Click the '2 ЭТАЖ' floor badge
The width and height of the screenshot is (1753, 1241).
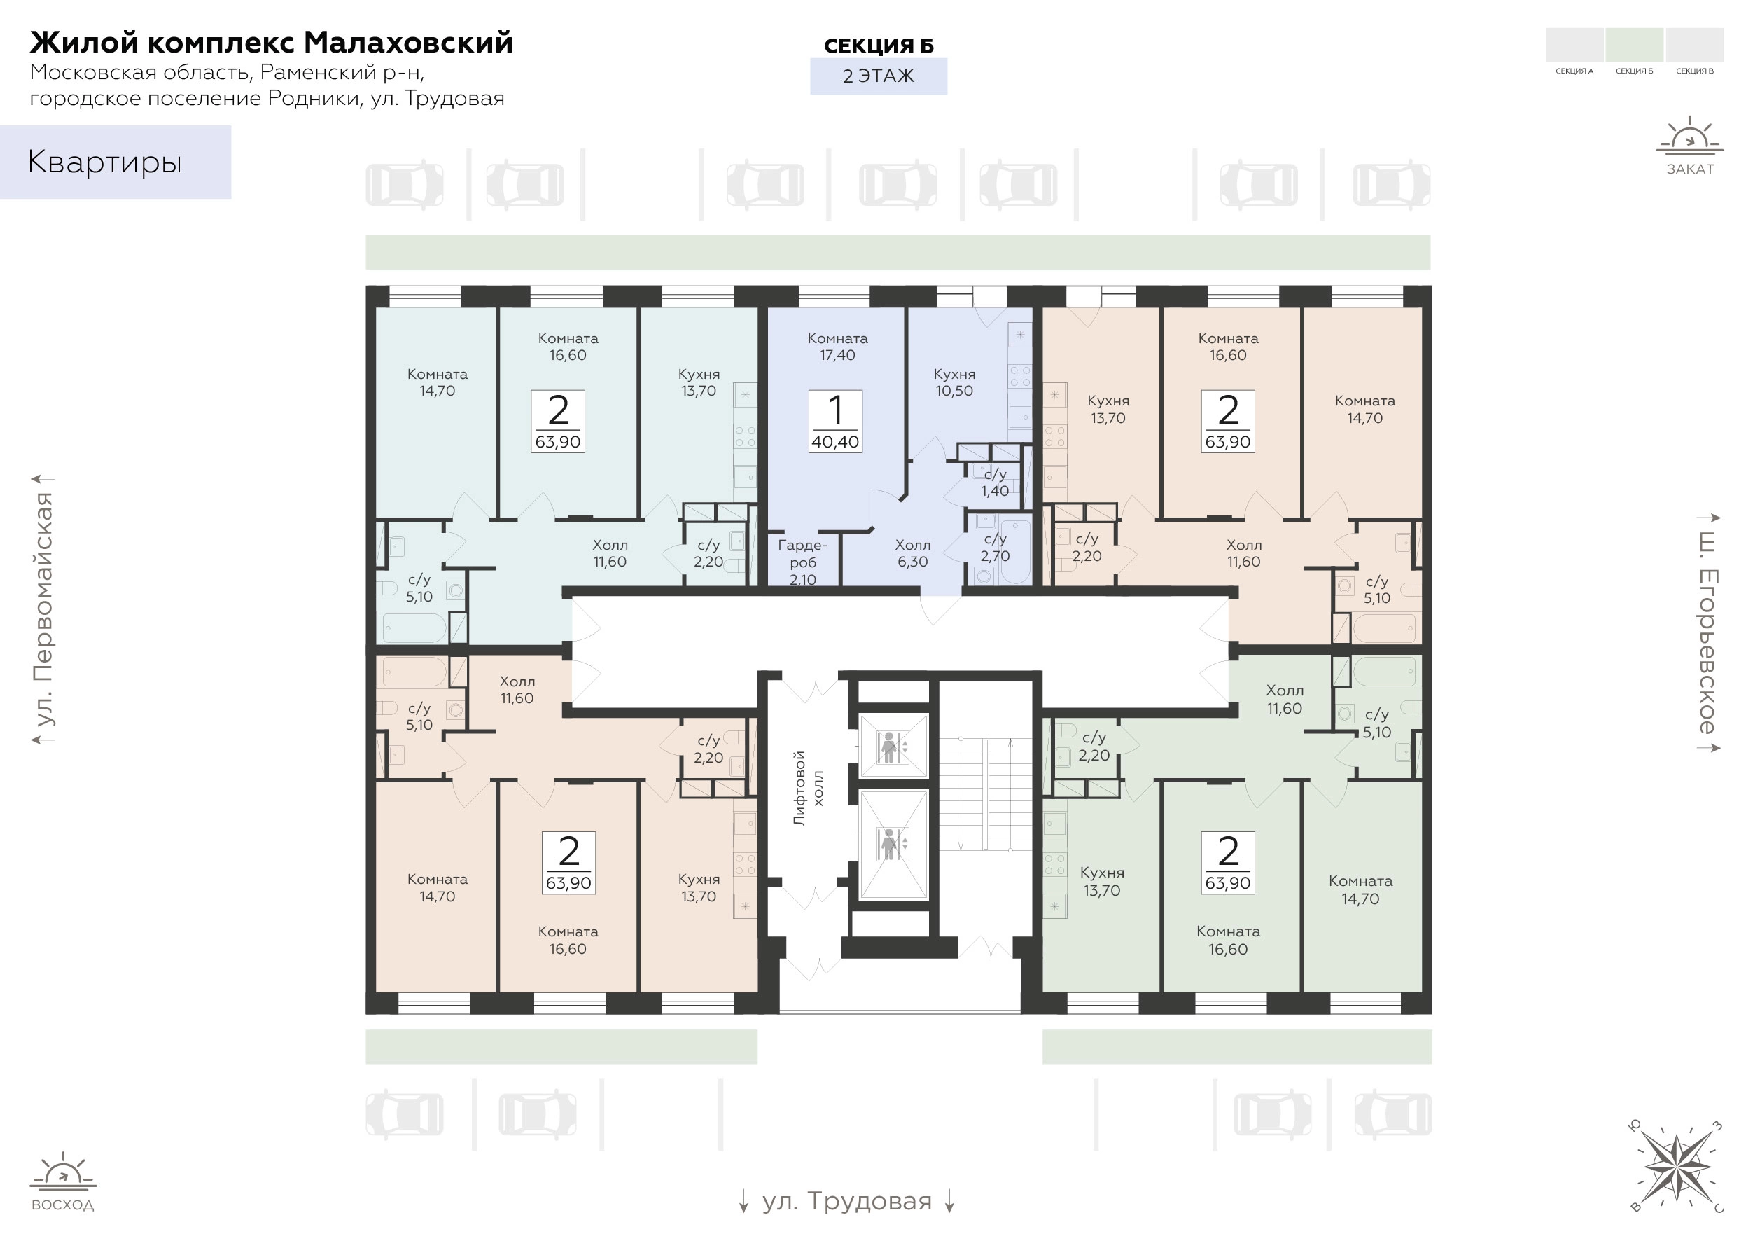point(879,76)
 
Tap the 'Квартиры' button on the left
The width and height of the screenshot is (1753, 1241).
point(116,162)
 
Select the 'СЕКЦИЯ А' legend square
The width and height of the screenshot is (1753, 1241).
point(1574,44)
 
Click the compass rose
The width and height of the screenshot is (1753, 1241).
point(1677,1167)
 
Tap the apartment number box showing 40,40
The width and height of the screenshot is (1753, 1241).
point(836,421)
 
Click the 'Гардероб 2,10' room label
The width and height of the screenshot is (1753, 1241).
point(803,562)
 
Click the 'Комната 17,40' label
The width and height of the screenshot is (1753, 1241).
point(837,346)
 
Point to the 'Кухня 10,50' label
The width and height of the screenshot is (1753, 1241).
point(954,382)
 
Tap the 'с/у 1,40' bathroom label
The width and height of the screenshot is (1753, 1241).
point(995,483)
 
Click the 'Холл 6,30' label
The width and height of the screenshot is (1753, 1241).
point(913,553)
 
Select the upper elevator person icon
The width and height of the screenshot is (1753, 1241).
point(888,747)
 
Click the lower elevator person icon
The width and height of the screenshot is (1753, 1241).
point(888,844)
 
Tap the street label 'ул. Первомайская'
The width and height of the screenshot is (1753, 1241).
point(43,609)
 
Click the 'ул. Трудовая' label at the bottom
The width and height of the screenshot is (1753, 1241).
point(847,1202)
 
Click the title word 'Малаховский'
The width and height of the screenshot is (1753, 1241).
point(409,43)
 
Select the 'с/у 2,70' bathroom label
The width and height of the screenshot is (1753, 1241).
point(995,548)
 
